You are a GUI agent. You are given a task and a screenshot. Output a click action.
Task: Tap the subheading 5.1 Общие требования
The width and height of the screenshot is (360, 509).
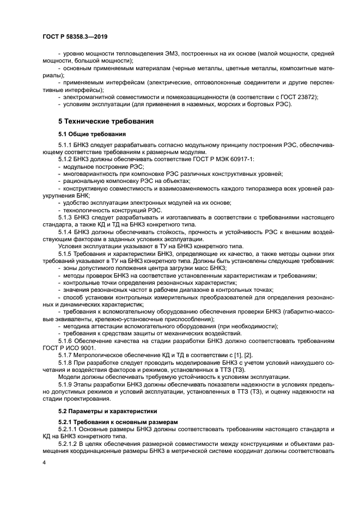pyautogui.click(x=92, y=133)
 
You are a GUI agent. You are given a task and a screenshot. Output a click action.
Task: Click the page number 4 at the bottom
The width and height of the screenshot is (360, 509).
pyautogui.click(x=45, y=462)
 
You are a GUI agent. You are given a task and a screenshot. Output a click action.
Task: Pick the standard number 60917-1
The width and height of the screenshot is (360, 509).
pyautogui.click(x=250, y=159)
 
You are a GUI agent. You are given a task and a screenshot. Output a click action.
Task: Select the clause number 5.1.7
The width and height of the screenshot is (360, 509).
pyautogui.click(x=65, y=355)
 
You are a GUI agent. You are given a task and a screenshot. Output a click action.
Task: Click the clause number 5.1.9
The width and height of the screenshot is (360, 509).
pyautogui.click(x=65, y=384)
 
